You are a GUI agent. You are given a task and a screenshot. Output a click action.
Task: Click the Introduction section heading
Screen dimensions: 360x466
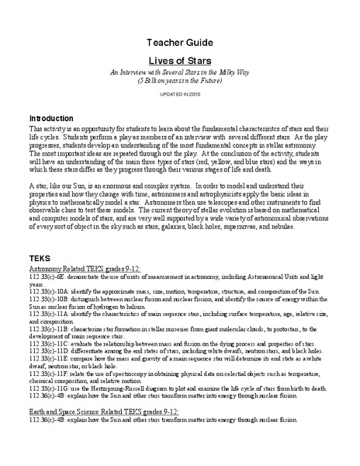(56, 116)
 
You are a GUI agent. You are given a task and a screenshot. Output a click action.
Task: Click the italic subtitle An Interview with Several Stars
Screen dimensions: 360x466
(181, 71)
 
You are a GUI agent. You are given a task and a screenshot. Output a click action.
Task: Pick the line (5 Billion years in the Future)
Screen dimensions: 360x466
(181, 79)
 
